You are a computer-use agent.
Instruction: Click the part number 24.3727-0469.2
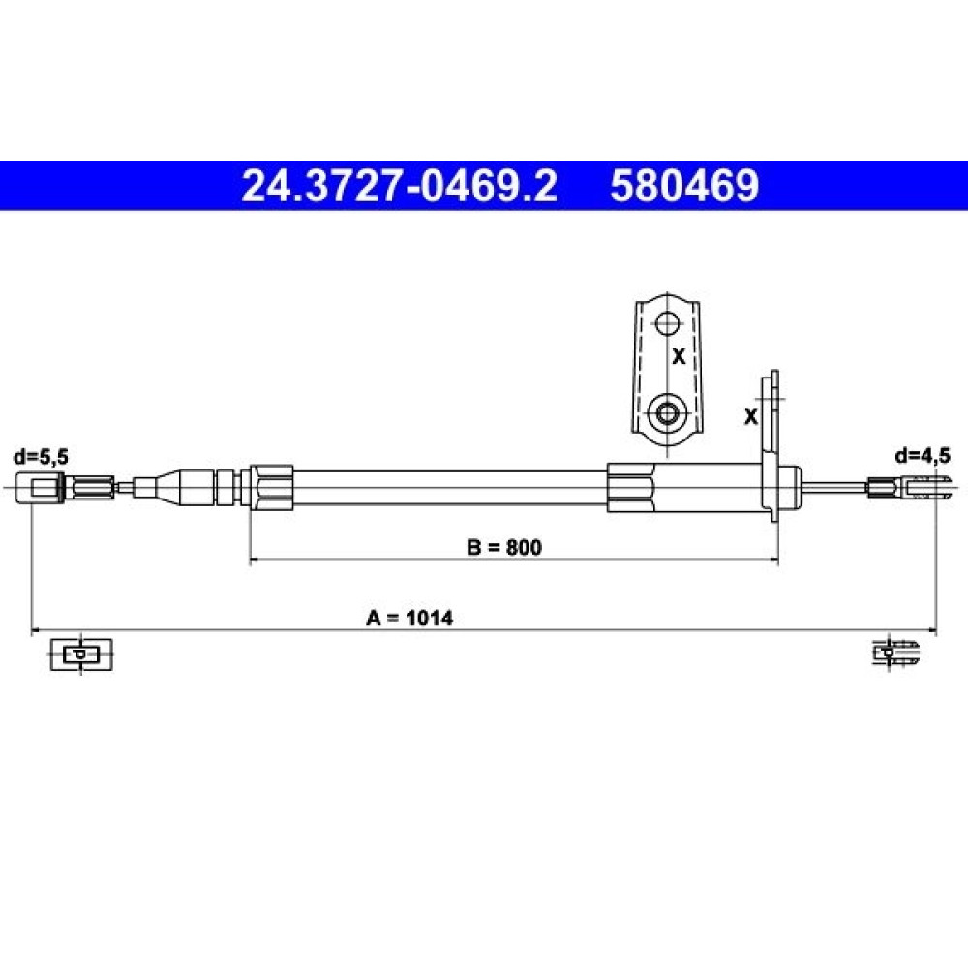point(399,186)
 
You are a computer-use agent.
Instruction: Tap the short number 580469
point(684,186)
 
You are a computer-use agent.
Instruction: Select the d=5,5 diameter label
point(41,457)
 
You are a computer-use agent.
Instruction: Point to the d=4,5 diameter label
point(923,456)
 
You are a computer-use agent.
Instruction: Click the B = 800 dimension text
point(504,547)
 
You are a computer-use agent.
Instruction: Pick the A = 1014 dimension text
point(409,618)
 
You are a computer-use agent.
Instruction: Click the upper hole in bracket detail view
point(667,323)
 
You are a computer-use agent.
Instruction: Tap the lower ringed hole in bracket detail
point(667,411)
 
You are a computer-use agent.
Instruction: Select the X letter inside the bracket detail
point(680,356)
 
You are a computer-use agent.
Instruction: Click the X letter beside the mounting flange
point(751,416)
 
